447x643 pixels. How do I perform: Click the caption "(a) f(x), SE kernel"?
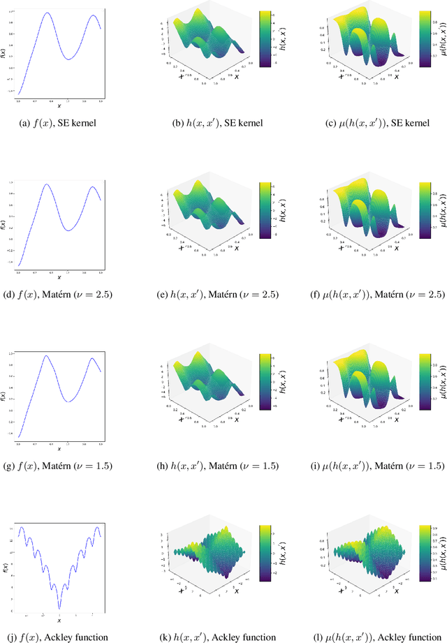click(59, 123)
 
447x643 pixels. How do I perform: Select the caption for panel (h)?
click(219, 465)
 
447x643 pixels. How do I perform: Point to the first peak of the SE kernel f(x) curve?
click(47, 13)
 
